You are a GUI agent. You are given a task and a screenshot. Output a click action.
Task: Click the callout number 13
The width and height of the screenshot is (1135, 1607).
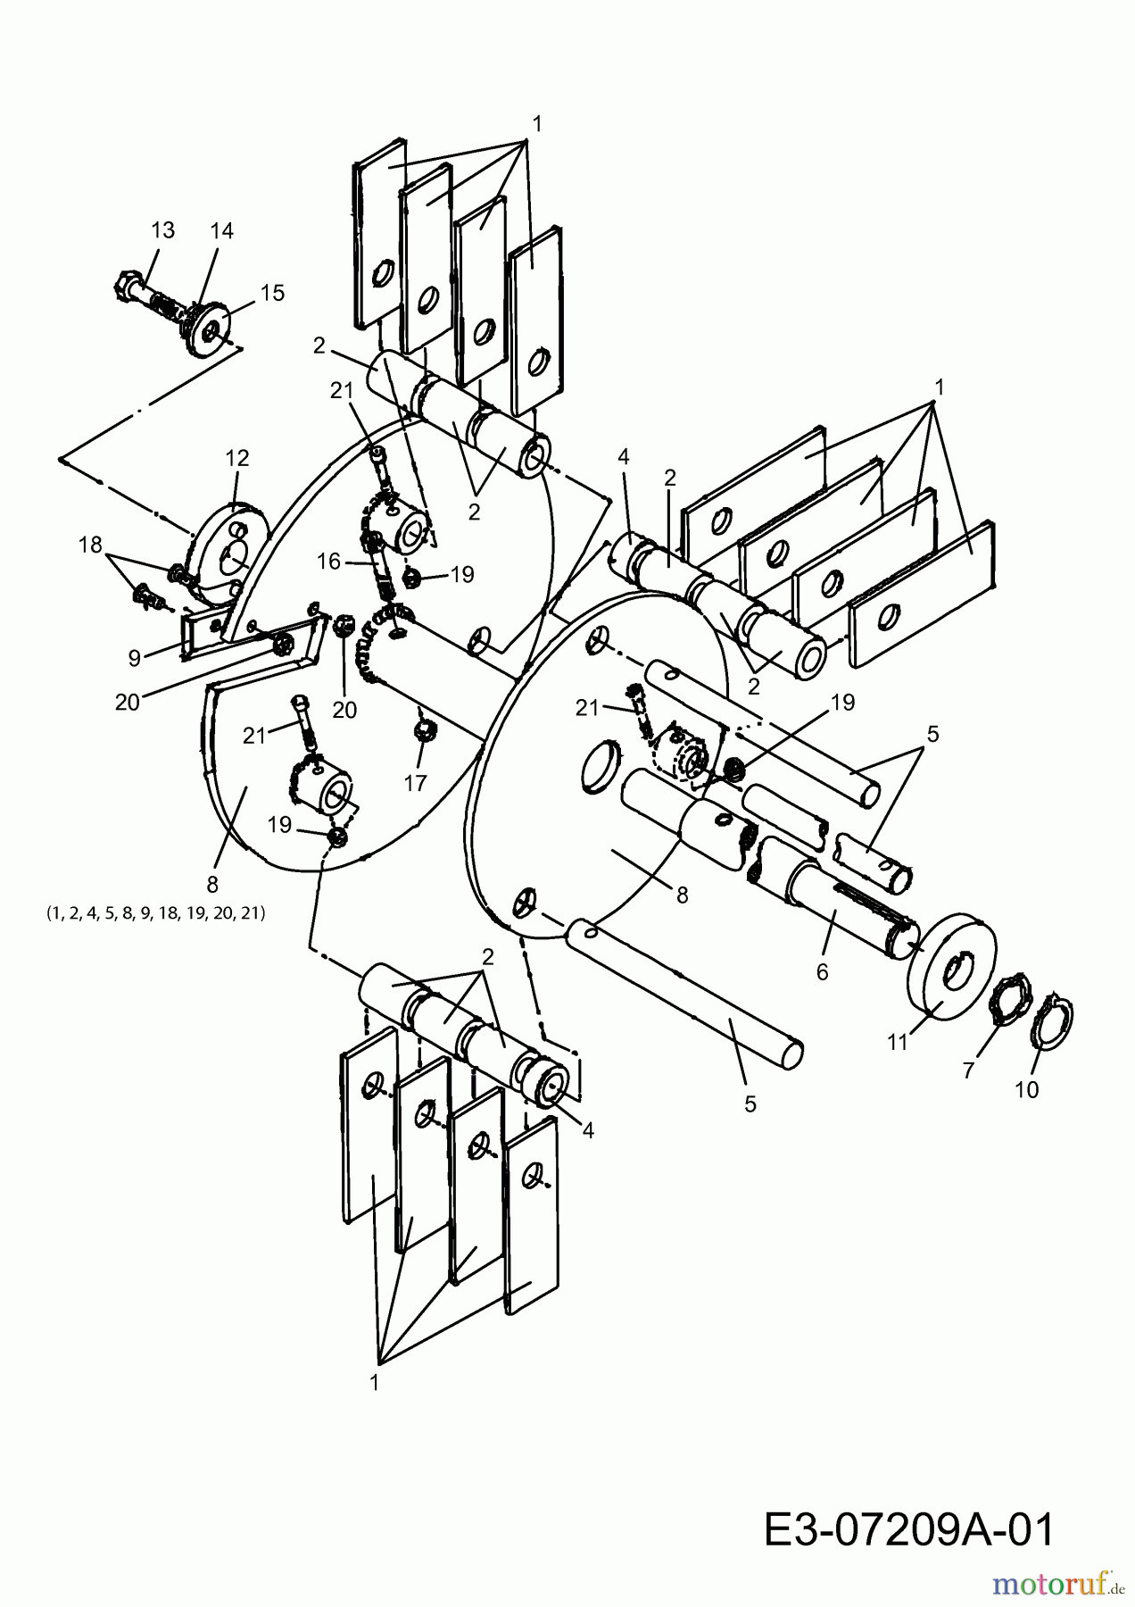coord(162,229)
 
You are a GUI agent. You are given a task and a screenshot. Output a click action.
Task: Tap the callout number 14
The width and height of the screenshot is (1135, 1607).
coord(221,230)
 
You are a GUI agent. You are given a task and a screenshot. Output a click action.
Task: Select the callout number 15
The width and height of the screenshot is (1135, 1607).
coord(272,292)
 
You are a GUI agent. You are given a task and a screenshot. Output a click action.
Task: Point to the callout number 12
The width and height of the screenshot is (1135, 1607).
coord(236,457)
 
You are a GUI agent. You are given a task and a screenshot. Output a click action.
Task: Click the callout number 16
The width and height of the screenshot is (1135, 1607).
coord(329,561)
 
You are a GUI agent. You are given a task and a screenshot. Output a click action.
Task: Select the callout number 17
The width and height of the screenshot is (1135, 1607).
coord(416,783)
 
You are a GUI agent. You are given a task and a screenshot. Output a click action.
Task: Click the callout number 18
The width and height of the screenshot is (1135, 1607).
coord(90,545)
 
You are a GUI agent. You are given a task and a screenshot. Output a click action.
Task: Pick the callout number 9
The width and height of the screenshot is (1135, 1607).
coord(135,658)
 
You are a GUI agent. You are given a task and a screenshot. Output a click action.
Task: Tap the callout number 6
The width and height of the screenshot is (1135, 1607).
coord(822,971)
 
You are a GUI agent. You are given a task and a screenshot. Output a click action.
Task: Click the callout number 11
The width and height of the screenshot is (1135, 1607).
coord(898,1041)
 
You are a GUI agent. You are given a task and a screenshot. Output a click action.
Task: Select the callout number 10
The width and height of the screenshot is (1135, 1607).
coord(1027,1089)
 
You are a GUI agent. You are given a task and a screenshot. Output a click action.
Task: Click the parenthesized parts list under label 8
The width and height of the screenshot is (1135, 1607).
coord(155,913)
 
